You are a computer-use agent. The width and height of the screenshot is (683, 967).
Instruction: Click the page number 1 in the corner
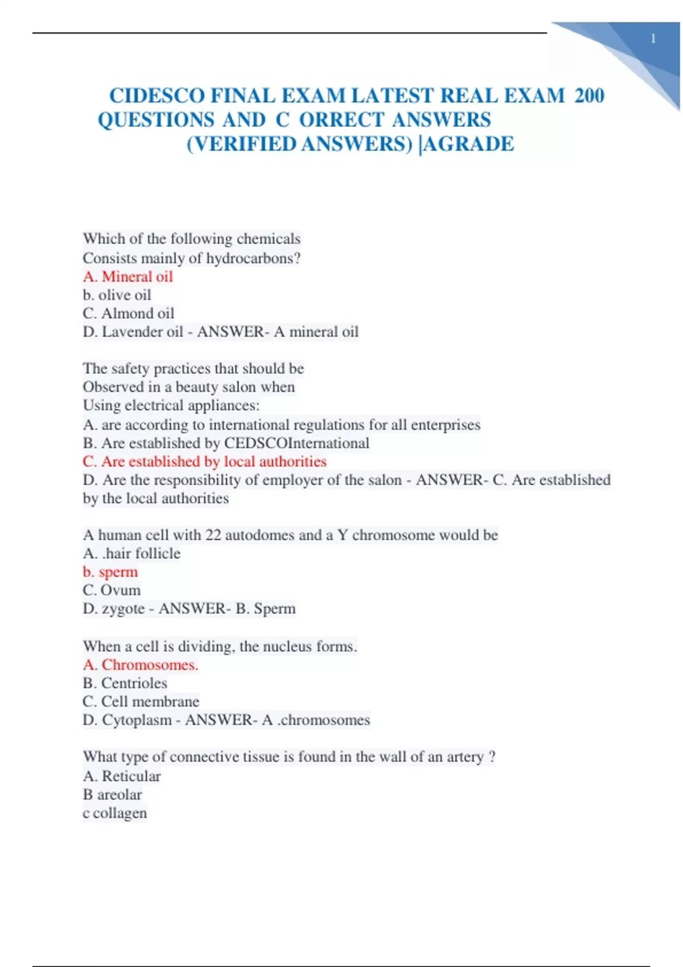[x=653, y=39]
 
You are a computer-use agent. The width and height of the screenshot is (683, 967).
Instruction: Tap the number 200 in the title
[x=589, y=96]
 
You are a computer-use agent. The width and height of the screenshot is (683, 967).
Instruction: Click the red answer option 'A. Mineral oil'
[x=127, y=276]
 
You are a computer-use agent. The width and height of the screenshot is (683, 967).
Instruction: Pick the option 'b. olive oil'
[x=117, y=295]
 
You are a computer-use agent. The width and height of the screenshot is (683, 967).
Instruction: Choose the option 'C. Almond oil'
[x=128, y=313]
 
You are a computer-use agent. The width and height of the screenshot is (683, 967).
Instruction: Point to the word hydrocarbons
[x=253, y=258]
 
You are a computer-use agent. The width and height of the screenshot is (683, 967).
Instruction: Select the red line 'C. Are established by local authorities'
[x=204, y=461]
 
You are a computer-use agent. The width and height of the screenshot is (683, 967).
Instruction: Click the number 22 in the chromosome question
[x=213, y=535]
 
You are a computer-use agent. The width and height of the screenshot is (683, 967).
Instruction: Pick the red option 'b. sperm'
[x=110, y=572]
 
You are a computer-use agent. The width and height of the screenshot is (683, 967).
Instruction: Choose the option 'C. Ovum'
[x=112, y=590]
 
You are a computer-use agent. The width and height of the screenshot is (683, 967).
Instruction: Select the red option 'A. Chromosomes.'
[x=141, y=664]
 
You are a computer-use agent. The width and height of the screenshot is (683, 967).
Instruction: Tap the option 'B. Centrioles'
[x=125, y=683]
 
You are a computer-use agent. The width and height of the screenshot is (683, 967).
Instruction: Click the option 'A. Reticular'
[x=122, y=776]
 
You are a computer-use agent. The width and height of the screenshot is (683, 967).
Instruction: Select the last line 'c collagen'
[x=114, y=813]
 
